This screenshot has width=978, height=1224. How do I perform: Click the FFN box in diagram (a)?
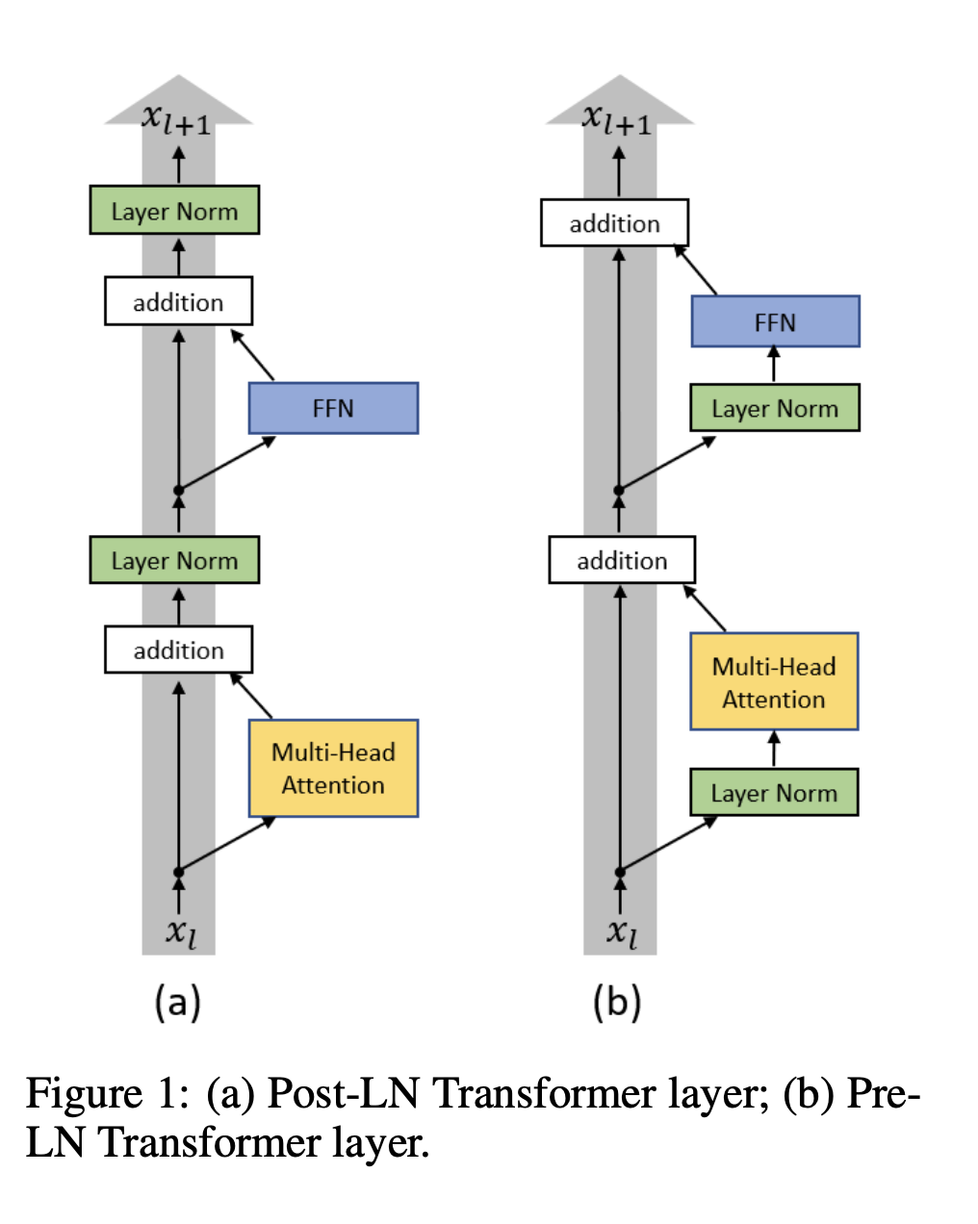[x=333, y=408]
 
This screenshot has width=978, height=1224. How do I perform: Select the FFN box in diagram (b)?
[x=775, y=321]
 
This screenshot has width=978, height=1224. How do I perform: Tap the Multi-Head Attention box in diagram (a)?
[x=333, y=768]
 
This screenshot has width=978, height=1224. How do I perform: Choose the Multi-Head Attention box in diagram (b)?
[x=774, y=681]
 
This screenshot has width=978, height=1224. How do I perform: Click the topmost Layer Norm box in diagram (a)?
[x=174, y=211]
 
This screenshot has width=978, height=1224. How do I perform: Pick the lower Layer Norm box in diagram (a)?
[x=174, y=560]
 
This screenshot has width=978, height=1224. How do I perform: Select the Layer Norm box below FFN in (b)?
[x=775, y=408]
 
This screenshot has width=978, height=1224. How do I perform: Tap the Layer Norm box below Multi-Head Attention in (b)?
[x=774, y=792]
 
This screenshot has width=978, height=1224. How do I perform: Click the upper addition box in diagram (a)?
[x=178, y=301]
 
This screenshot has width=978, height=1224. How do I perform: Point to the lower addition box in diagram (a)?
[x=178, y=650]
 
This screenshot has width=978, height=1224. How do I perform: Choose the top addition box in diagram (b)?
[x=614, y=223]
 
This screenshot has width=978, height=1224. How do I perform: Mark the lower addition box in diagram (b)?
[x=622, y=560]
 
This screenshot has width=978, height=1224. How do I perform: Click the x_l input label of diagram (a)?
[x=180, y=931]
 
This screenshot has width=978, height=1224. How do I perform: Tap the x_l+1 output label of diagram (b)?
[x=616, y=119]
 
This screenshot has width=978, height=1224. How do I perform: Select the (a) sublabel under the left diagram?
[x=177, y=1003]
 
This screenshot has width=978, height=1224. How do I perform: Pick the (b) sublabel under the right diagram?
[x=617, y=1003]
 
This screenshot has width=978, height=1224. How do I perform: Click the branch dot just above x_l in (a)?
[x=178, y=872]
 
